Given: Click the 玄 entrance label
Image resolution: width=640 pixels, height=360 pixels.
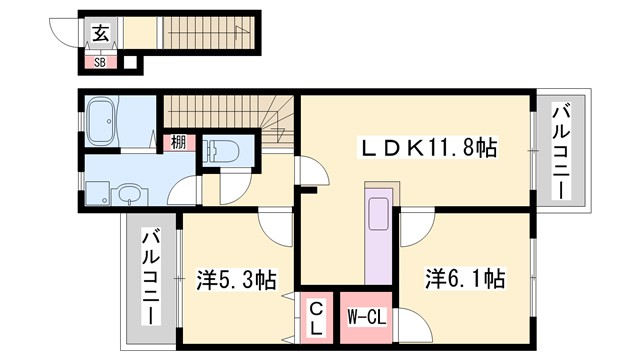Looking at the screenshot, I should [x=101, y=32].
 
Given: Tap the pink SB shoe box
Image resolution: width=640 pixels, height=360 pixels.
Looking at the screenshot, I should [x=100, y=63].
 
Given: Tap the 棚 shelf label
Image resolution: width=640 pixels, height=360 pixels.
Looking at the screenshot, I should [x=177, y=143].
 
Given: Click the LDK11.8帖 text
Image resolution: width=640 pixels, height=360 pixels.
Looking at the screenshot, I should [x=429, y=148].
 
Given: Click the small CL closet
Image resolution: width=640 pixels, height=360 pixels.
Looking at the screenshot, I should [x=315, y=318].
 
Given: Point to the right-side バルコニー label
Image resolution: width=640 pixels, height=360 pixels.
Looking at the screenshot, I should [x=564, y=153].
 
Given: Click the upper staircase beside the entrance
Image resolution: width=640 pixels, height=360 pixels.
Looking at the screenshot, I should [x=210, y=33].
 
